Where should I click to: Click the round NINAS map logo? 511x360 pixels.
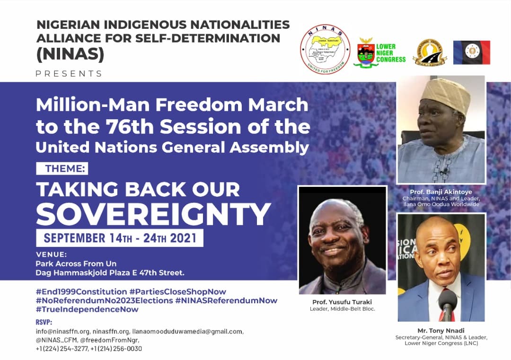click(325, 50)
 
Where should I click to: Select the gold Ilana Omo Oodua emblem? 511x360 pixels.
click(431, 53)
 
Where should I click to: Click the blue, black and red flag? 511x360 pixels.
click(471, 53)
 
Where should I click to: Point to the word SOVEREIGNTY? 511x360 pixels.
click(153, 213)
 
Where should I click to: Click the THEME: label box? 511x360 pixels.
click(62, 168)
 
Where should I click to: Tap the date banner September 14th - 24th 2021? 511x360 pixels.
click(120, 237)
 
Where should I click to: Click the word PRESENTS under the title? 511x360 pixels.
click(69, 73)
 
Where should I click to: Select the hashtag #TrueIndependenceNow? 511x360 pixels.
click(87, 309)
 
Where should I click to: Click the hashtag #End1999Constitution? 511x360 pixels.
click(81, 291)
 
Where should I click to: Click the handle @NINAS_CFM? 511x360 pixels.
click(55, 340)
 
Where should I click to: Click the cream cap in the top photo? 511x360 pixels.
click(445, 95)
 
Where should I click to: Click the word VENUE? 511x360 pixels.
click(52, 255)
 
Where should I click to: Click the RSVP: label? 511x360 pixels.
click(44, 322)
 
